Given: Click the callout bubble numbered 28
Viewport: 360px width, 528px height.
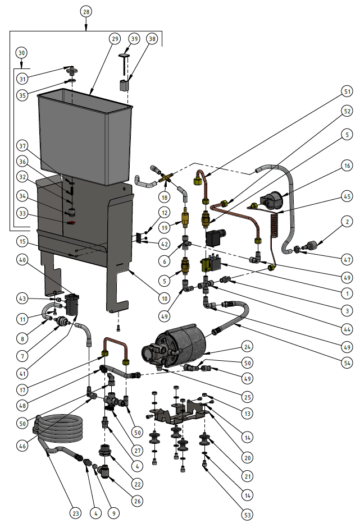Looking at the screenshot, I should click(x=85, y=11).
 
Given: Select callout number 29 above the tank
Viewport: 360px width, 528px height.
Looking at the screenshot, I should click(x=115, y=38).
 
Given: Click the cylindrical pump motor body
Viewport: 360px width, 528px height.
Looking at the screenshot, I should click(x=188, y=342).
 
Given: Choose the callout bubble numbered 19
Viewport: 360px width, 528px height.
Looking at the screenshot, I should click(x=164, y=228).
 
